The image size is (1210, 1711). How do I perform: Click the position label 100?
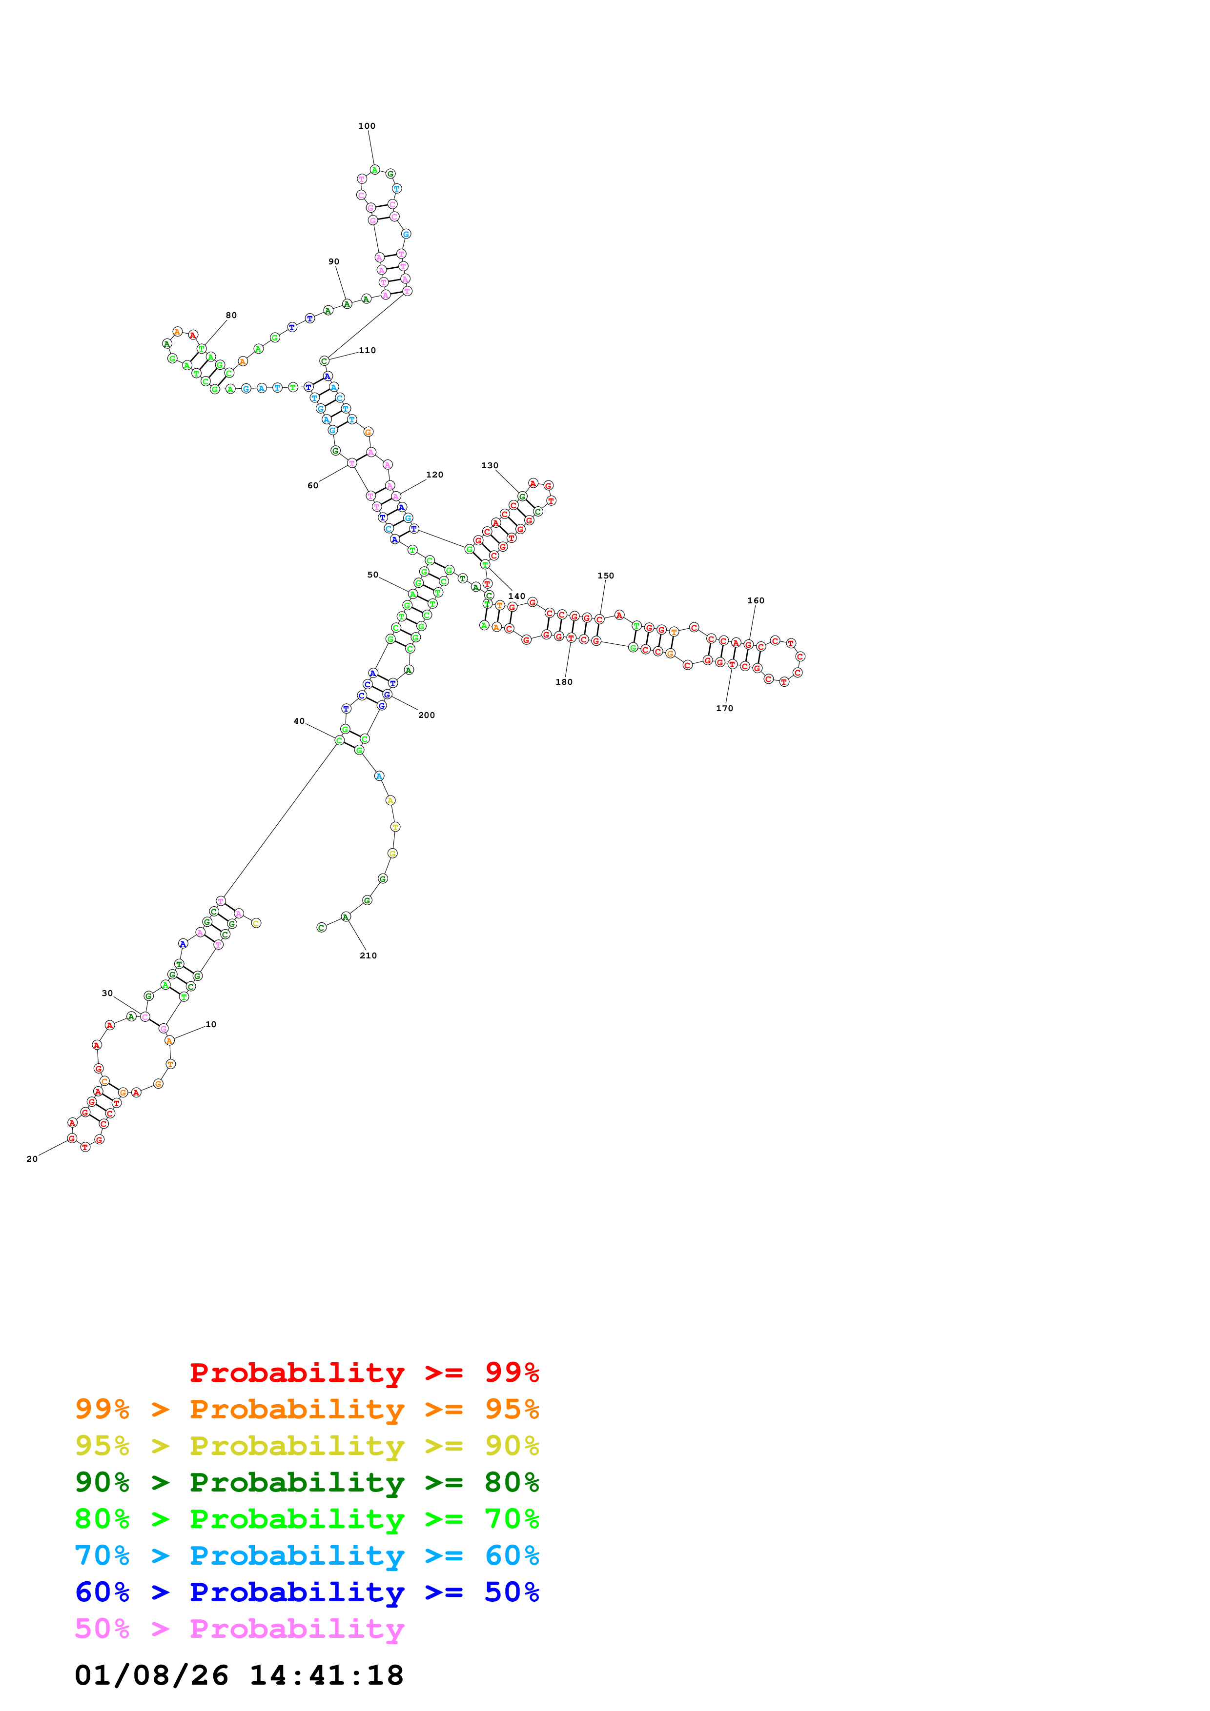(x=366, y=126)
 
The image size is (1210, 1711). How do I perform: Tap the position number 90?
(x=333, y=261)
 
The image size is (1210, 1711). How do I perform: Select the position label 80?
(x=231, y=315)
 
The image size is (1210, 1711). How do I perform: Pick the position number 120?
(x=434, y=475)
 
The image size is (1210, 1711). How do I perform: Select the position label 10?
(x=211, y=1025)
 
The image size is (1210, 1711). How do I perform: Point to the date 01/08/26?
(x=151, y=1675)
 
